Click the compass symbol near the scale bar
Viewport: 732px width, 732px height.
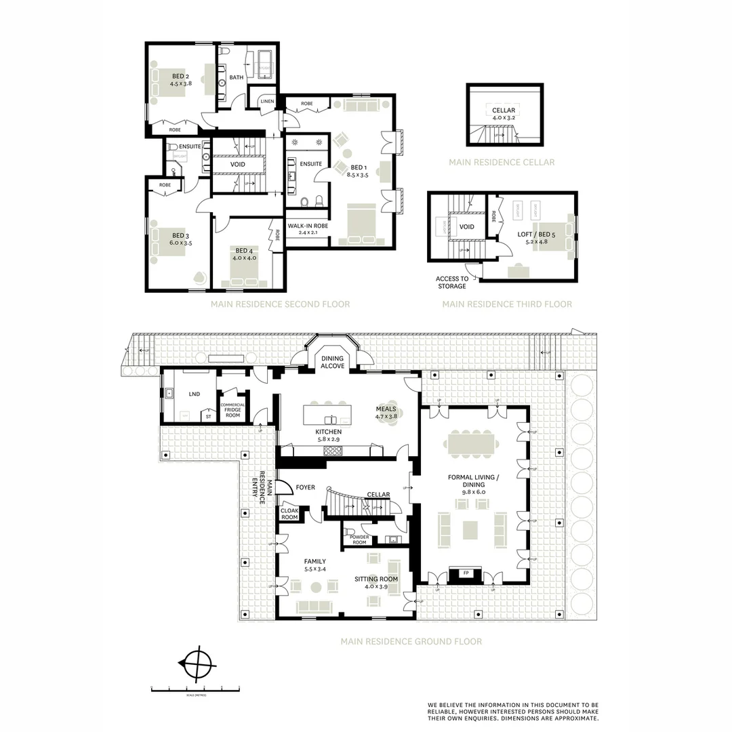coord(197,664)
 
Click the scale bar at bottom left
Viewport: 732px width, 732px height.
coord(195,689)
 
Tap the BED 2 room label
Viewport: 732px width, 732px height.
coord(180,80)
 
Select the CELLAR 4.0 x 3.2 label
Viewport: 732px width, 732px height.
coord(504,114)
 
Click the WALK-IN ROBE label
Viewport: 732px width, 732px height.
coord(308,229)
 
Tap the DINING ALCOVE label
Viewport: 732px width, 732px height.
coord(332,362)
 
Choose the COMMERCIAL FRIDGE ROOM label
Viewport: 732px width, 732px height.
coord(232,410)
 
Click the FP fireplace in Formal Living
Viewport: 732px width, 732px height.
coord(466,573)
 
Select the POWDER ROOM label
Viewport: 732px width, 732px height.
coord(359,540)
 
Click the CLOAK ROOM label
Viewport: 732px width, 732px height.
coord(289,514)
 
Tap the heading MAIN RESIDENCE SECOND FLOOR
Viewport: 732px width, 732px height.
coord(280,304)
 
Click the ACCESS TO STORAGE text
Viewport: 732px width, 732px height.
coord(452,282)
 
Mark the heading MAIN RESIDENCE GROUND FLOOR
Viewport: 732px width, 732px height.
coord(411,641)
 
